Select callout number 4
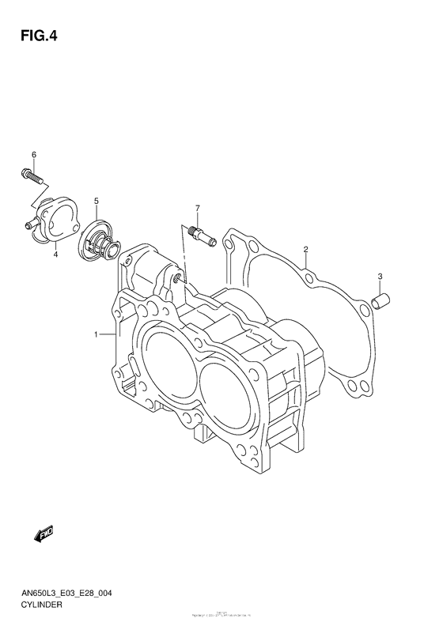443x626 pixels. pos(56,255)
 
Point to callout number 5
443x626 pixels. pos(96,202)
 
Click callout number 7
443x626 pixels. pos(198,209)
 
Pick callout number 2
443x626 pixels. pos(305,251)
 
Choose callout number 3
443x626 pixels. pos(380,276)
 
